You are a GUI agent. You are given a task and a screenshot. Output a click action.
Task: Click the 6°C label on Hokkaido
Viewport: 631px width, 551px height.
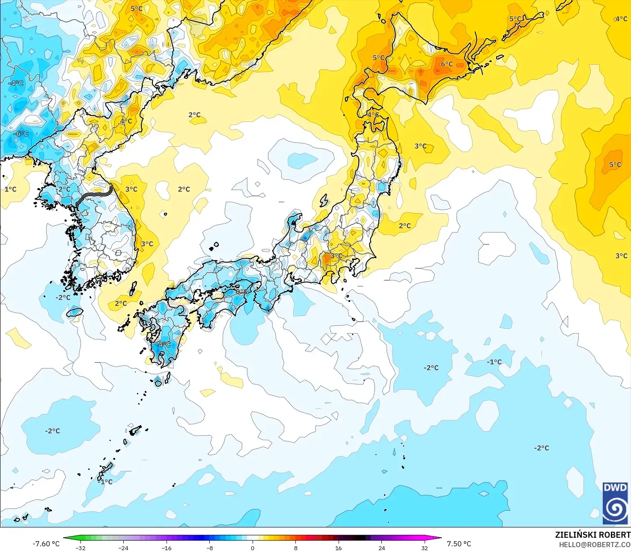point(446,64)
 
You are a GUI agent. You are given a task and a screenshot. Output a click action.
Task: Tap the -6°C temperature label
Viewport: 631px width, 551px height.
point(21,134)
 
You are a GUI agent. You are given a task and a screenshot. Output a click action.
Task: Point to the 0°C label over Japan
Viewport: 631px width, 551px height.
point(241,292)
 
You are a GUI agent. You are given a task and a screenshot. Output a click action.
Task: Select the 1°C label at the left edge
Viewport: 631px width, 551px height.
point(10,189)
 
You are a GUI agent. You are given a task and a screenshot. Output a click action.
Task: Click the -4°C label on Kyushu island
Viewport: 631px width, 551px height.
point(163,344)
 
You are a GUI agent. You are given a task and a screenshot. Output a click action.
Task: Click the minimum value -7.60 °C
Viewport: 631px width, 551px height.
point(46,544)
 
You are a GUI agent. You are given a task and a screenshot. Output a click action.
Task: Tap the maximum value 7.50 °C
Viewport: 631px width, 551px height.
point(459,544)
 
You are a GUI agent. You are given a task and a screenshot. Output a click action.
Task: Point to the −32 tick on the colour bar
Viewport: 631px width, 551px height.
point(80,548)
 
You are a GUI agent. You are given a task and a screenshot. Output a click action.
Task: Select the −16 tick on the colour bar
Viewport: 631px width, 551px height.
point(166,548)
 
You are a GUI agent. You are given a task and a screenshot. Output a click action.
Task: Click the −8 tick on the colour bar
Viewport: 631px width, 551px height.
point(209,548)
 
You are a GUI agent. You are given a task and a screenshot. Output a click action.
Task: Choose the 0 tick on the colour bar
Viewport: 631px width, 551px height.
point(253,548)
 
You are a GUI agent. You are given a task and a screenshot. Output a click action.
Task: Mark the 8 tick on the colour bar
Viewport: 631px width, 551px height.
point(295,548)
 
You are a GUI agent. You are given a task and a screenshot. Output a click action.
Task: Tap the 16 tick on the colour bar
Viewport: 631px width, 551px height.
point(338,548)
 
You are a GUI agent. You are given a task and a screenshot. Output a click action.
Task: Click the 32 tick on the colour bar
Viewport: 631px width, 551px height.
point(424,548)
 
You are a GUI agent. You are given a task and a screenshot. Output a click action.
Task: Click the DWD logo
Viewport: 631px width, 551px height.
point(615,503)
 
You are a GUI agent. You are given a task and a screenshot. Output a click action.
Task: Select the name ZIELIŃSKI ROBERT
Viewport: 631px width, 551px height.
point(592,535)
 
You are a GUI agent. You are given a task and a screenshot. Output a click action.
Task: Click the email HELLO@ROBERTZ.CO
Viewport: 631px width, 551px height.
point(595,544)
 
